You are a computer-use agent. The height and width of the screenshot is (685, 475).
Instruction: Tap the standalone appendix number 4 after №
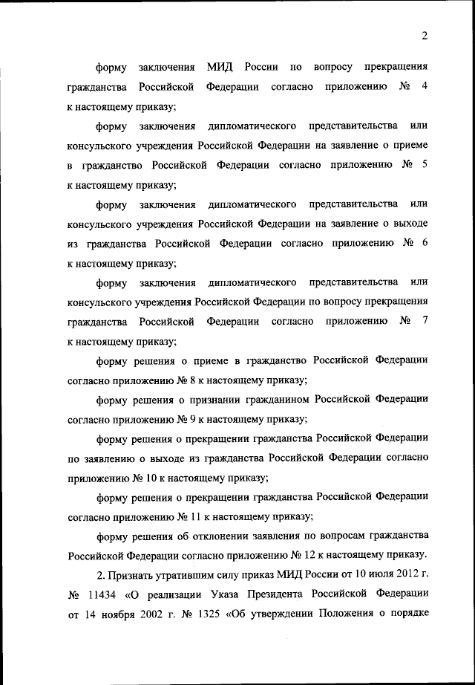(424, 88)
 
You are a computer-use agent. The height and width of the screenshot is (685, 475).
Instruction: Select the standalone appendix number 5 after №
(424, 165)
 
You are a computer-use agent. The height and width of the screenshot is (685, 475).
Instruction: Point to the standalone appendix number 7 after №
(424, 321)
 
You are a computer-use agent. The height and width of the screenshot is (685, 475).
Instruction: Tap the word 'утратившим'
(186, 575)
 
